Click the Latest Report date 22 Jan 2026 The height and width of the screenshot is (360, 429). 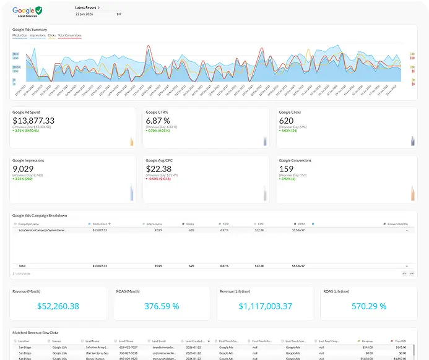[x=85, y=14]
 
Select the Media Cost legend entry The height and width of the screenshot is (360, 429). [x=20, y=35]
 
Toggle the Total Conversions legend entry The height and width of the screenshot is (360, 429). [x=69, y=35]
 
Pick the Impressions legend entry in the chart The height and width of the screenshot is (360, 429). [x=37, y=35]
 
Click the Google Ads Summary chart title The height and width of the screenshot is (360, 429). [x=30, y=29]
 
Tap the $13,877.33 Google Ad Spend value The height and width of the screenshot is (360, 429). [x=33, y=121]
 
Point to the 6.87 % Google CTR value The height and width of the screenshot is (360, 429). [x=158, y=121]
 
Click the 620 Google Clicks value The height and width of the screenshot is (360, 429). [x=286, y=121]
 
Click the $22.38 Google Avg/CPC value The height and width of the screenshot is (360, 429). [x=158, y=168]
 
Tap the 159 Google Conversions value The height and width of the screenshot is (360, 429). [x=286, y=168]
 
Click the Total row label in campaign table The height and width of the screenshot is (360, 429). [x=22, y=265]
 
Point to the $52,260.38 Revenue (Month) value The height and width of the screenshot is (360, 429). [x=58, y=306]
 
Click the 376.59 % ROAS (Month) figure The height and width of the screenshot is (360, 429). [x=161, y=306]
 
